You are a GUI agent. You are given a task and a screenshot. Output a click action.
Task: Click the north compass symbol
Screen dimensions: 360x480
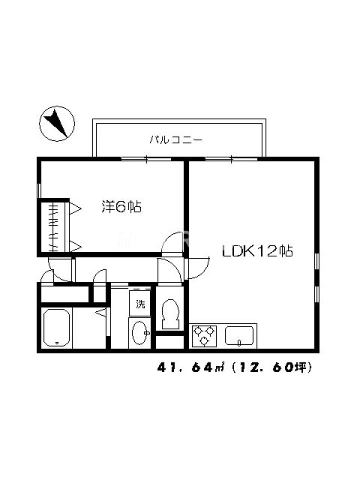pos(57,124)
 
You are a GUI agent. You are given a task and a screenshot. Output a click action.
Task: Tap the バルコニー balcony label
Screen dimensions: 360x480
pos(176,140)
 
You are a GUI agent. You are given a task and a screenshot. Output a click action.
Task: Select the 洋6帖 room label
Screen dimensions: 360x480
pos(121,206)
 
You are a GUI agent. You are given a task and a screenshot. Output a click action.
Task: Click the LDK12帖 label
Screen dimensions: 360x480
pos(257,251)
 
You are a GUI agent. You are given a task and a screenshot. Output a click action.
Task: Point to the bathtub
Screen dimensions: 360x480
pos(56,327)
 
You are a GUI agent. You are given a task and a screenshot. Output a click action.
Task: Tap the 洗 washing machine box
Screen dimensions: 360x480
pos(140,304)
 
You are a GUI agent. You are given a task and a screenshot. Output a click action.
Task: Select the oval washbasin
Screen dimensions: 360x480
pos(140,333)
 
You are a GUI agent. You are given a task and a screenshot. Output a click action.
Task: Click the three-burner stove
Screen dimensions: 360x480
pos(203,336)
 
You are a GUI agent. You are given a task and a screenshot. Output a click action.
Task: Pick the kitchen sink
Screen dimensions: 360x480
pos(239,336)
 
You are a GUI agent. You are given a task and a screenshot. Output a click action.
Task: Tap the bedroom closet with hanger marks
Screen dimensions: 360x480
pos(53,227)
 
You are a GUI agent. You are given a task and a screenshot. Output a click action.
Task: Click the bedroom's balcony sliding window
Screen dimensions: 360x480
pos(146,159)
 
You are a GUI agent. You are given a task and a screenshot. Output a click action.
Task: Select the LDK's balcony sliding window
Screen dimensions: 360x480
pos(231,159)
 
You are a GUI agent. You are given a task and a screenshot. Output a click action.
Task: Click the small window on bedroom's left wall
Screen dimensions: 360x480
pos(39,191)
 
